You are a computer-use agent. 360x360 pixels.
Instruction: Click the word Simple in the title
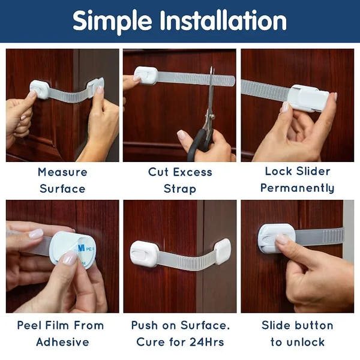[112, 22]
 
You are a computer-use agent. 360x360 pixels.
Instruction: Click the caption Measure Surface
[62, 180]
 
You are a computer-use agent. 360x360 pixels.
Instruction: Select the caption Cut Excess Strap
[180, 180]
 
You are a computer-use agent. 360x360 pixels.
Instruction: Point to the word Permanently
[298, 188]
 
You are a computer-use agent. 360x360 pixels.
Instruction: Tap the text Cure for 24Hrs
[180, 342]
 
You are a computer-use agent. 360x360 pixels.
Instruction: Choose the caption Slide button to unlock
[298, 334]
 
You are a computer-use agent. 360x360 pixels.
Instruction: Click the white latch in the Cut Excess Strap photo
[146, 76]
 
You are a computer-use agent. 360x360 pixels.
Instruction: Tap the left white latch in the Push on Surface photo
[144, 253]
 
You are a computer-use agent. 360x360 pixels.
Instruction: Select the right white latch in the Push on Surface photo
[221, 251]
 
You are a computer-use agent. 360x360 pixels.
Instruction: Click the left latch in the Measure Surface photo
[39, 89]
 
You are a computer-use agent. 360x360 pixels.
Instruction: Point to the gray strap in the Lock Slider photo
[264, 90]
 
